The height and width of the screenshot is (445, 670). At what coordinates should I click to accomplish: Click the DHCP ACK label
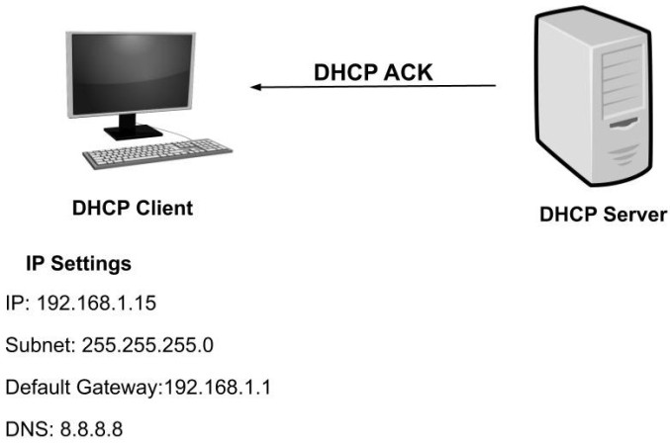click(x=372, y=73)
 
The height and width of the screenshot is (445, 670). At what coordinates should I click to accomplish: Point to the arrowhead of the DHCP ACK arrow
click(x=255, y=87)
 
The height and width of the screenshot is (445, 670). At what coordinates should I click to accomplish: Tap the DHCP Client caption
click(x=133, y=209)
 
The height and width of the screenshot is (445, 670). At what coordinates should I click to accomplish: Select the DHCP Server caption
click(x=602, y=214)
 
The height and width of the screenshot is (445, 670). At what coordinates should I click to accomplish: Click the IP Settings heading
click(x=78, y=266)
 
